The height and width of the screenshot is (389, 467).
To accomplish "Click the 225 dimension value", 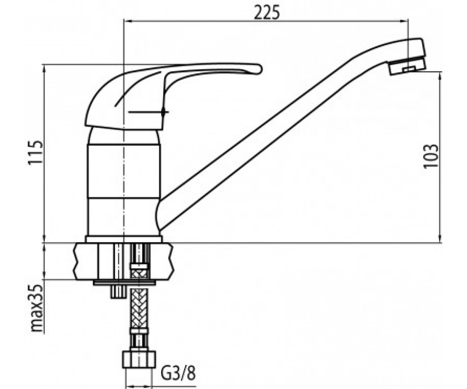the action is (x=267, y=12).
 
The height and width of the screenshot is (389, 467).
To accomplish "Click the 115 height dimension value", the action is (x=35, y=153).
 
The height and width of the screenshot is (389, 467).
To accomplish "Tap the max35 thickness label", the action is (x=36, y=308).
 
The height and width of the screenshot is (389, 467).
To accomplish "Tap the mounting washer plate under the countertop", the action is (x=125, y=282).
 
